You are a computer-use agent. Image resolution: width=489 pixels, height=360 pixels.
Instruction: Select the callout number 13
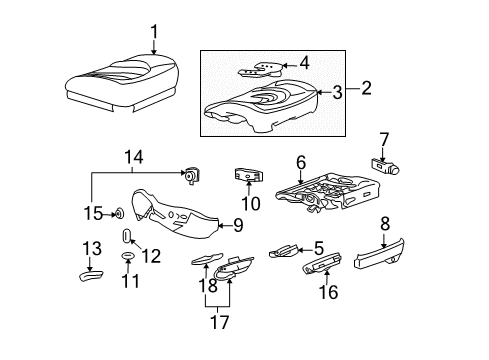click(x=89, y=249)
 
